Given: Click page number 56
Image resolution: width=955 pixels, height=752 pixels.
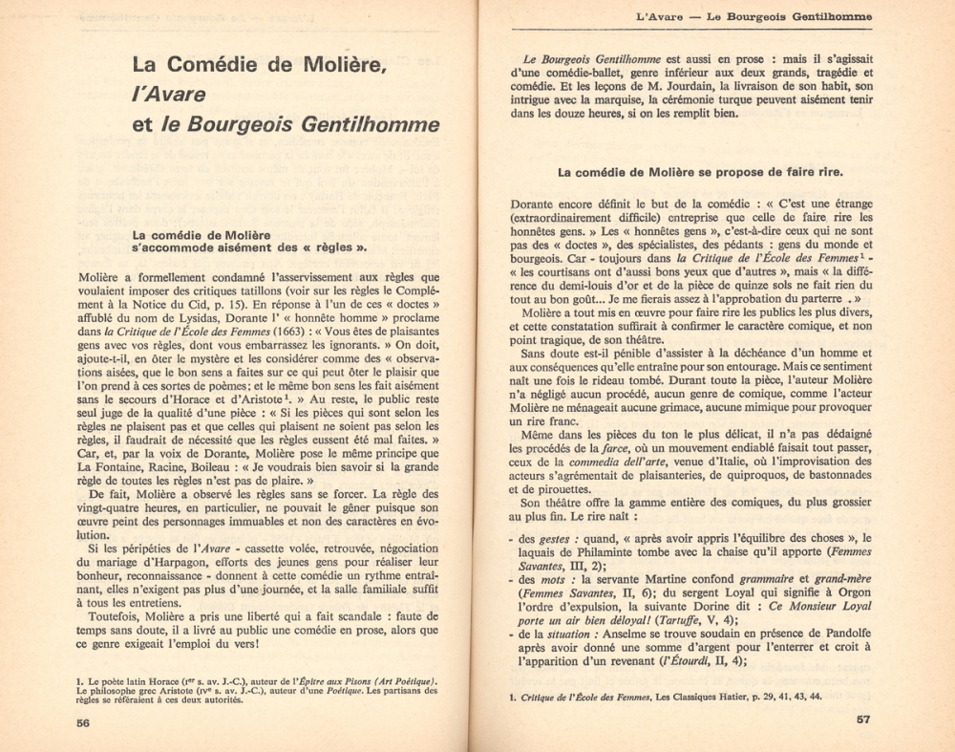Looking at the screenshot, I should tap(83, 723).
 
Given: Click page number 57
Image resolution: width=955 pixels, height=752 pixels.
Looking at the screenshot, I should tap(862, 719).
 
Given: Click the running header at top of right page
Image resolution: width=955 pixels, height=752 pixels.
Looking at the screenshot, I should tap(753, 16).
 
